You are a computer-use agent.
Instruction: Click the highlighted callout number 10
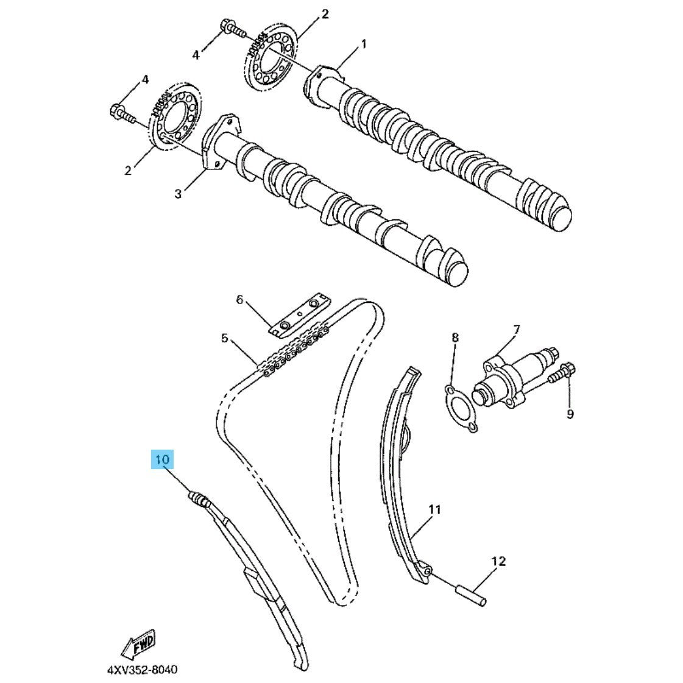(x=162, y=459)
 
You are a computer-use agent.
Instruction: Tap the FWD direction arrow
(x=139, y=643)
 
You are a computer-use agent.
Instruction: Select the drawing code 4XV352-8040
(x=143, y=669)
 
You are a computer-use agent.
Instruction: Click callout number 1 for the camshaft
(x=364, y=44)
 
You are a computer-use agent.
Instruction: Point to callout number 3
(x=178, y=193)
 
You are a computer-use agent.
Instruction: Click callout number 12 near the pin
(x=499, y=562)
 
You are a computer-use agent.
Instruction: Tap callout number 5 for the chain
(x=224, y=338)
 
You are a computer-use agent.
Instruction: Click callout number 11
(x=434, y=509)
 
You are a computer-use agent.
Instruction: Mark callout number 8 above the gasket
(x=455, y=337)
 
